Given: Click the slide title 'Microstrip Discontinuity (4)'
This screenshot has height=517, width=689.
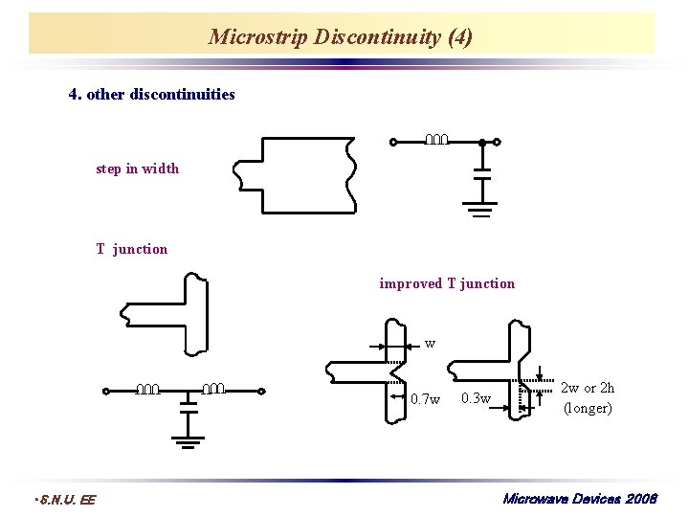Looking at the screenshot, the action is (x=341, y=37).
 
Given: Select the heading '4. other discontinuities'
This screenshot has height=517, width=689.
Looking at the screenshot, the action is (x=152, y=94).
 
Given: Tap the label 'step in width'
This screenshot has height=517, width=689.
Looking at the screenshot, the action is (x=137, y=169).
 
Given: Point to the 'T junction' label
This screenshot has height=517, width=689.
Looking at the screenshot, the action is (x=131, y=249).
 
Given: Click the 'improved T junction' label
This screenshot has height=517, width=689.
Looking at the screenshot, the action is (x=447, y=283).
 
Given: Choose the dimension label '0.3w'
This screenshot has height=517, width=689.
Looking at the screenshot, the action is (x=476, y=398).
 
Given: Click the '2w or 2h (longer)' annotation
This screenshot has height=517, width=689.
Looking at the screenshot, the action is (x=588, y=398).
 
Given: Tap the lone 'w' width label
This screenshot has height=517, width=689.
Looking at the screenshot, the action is (x=430, y=343).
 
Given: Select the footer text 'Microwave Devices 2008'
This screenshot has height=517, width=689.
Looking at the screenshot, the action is (x=580, y=499).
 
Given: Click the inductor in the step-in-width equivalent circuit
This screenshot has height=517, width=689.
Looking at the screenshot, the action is (x=436, y=140).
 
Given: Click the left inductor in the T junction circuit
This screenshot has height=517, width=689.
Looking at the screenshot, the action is (x=147, y=389).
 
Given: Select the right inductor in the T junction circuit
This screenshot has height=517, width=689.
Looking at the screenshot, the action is (x=215, y=389).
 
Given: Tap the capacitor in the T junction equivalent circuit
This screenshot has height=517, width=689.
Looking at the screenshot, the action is (x=189, y=408).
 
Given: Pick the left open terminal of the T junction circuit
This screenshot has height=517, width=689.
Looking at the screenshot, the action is (x=106, y=392).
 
